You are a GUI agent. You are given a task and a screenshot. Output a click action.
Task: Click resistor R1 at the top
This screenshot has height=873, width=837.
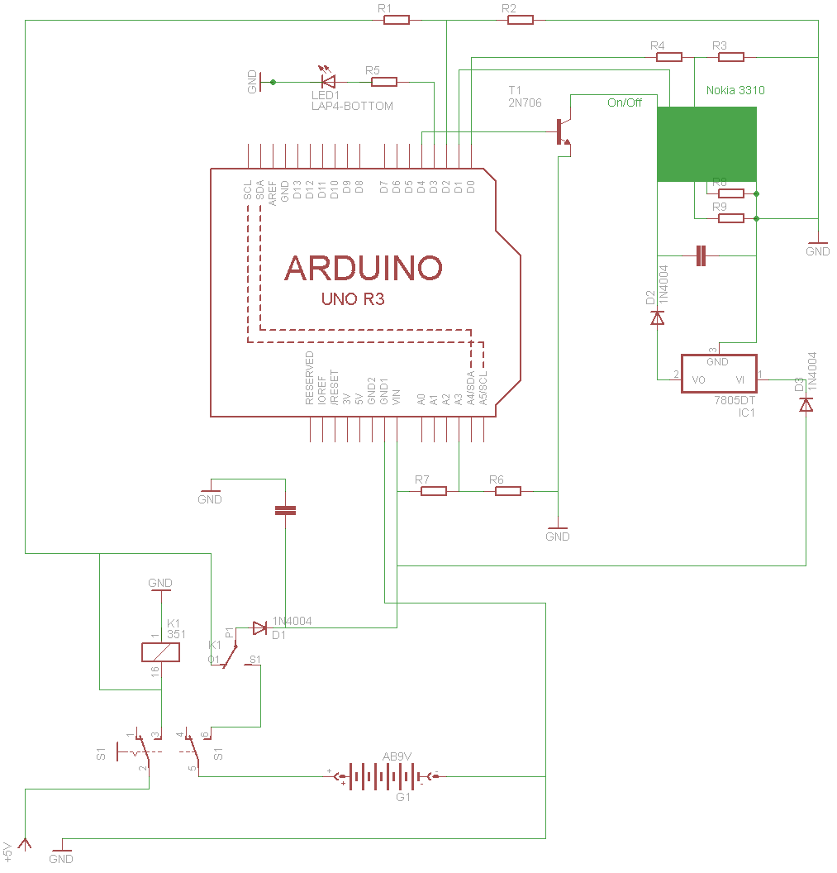pyautogui.click(x=397, y=20)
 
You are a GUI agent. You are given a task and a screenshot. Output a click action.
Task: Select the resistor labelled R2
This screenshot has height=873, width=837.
pyautogui.click(x=521, y=20)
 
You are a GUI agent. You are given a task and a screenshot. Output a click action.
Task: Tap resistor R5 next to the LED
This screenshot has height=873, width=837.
pyautogui.click(x=384, y=82)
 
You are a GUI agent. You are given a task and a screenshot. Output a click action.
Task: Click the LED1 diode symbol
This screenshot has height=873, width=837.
pyautogui.click(x=328, y=81)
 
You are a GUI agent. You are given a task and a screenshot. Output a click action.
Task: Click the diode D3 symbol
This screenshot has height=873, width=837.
pyautogui.click(x=806, y=404)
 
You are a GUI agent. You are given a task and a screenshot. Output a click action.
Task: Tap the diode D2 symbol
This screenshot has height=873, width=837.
pyautogui.click(x=658, y=317)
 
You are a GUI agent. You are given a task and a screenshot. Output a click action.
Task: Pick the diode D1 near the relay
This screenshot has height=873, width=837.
pyautogui.click(x=260, y=628)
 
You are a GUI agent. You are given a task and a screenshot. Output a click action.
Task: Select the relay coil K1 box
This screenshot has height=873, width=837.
pyautogui.click(x=160, y=652)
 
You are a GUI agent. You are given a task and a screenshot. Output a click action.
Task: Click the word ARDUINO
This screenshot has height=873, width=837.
pyautogui.click(x=364, y=268)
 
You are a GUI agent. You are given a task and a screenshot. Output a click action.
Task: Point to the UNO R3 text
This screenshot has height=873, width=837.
pyautogui.click(x=353, y=299)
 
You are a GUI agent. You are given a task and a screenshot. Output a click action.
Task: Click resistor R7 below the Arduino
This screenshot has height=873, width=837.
pyautogui.click(x=434, y=491)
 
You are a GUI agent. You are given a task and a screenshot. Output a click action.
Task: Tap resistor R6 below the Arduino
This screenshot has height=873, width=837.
pyautogui.click(x=508, y=491)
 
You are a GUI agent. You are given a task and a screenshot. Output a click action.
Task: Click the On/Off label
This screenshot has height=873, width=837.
pyautogui.click(x=625, y=103)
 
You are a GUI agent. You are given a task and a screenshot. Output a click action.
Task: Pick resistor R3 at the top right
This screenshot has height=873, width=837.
pyautogui.click(x=731, y=57)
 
